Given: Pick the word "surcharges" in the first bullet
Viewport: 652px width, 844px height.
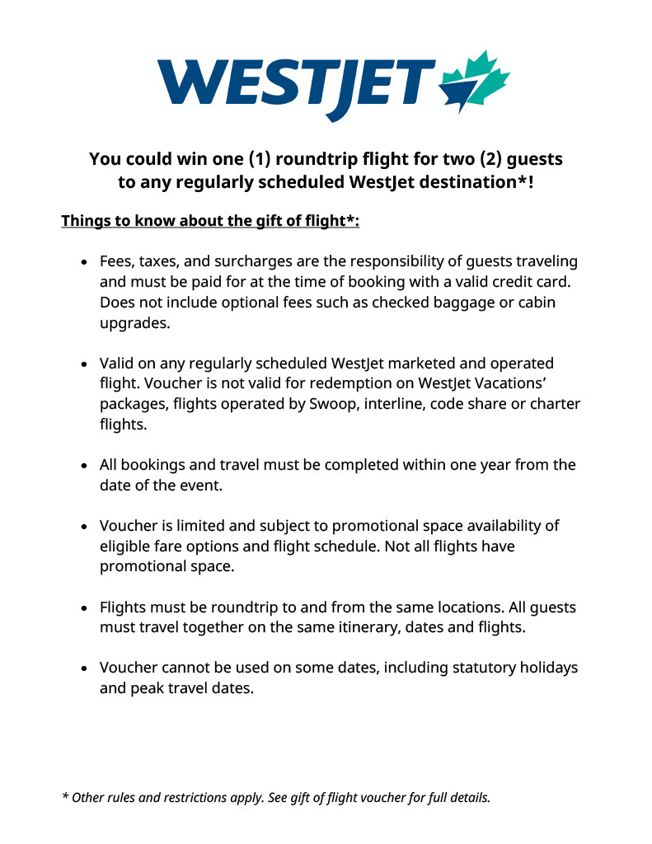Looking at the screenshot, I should (252, 261).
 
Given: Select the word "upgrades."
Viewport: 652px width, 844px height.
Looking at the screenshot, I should (135, 323).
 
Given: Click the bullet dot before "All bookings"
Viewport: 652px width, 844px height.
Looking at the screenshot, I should (84, 466).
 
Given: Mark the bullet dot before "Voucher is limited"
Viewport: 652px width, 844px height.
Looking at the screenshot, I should (84, 527).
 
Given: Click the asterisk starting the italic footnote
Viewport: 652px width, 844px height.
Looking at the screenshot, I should (65, 796).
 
